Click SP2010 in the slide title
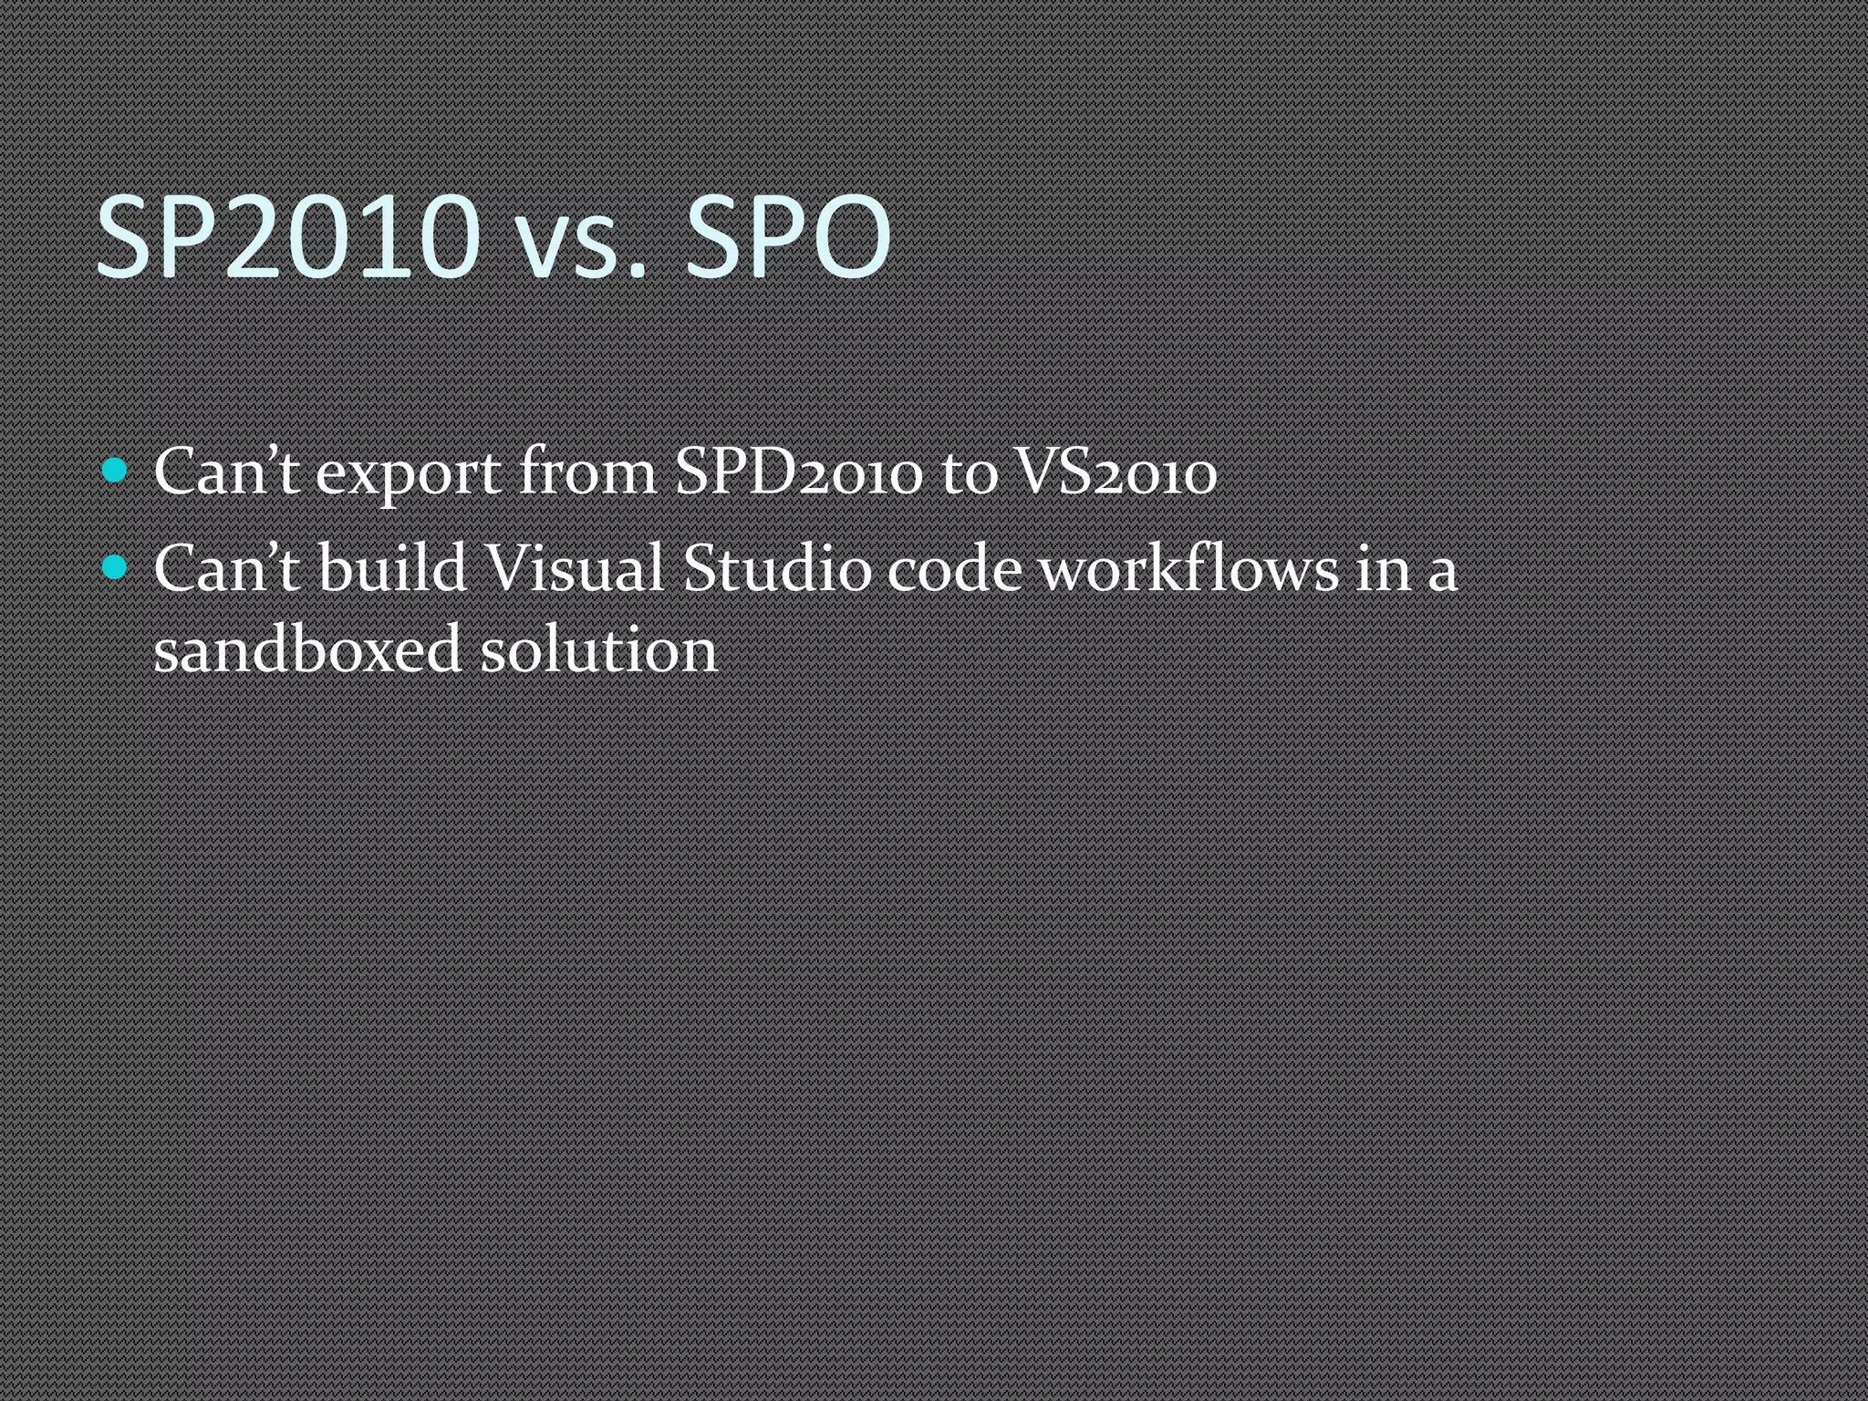(x=287, y=237)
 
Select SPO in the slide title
(x=787, y=237)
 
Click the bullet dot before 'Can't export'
(x=115, y=471)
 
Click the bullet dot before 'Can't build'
(x=115, y=567)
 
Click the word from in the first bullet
(x=587, y=472)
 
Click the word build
(x=392, y=569)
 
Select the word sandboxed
(x=307, y=649)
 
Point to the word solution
(x=599, y=649)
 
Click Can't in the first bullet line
(x=226, y=472)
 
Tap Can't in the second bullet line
(x=226, y=569)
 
